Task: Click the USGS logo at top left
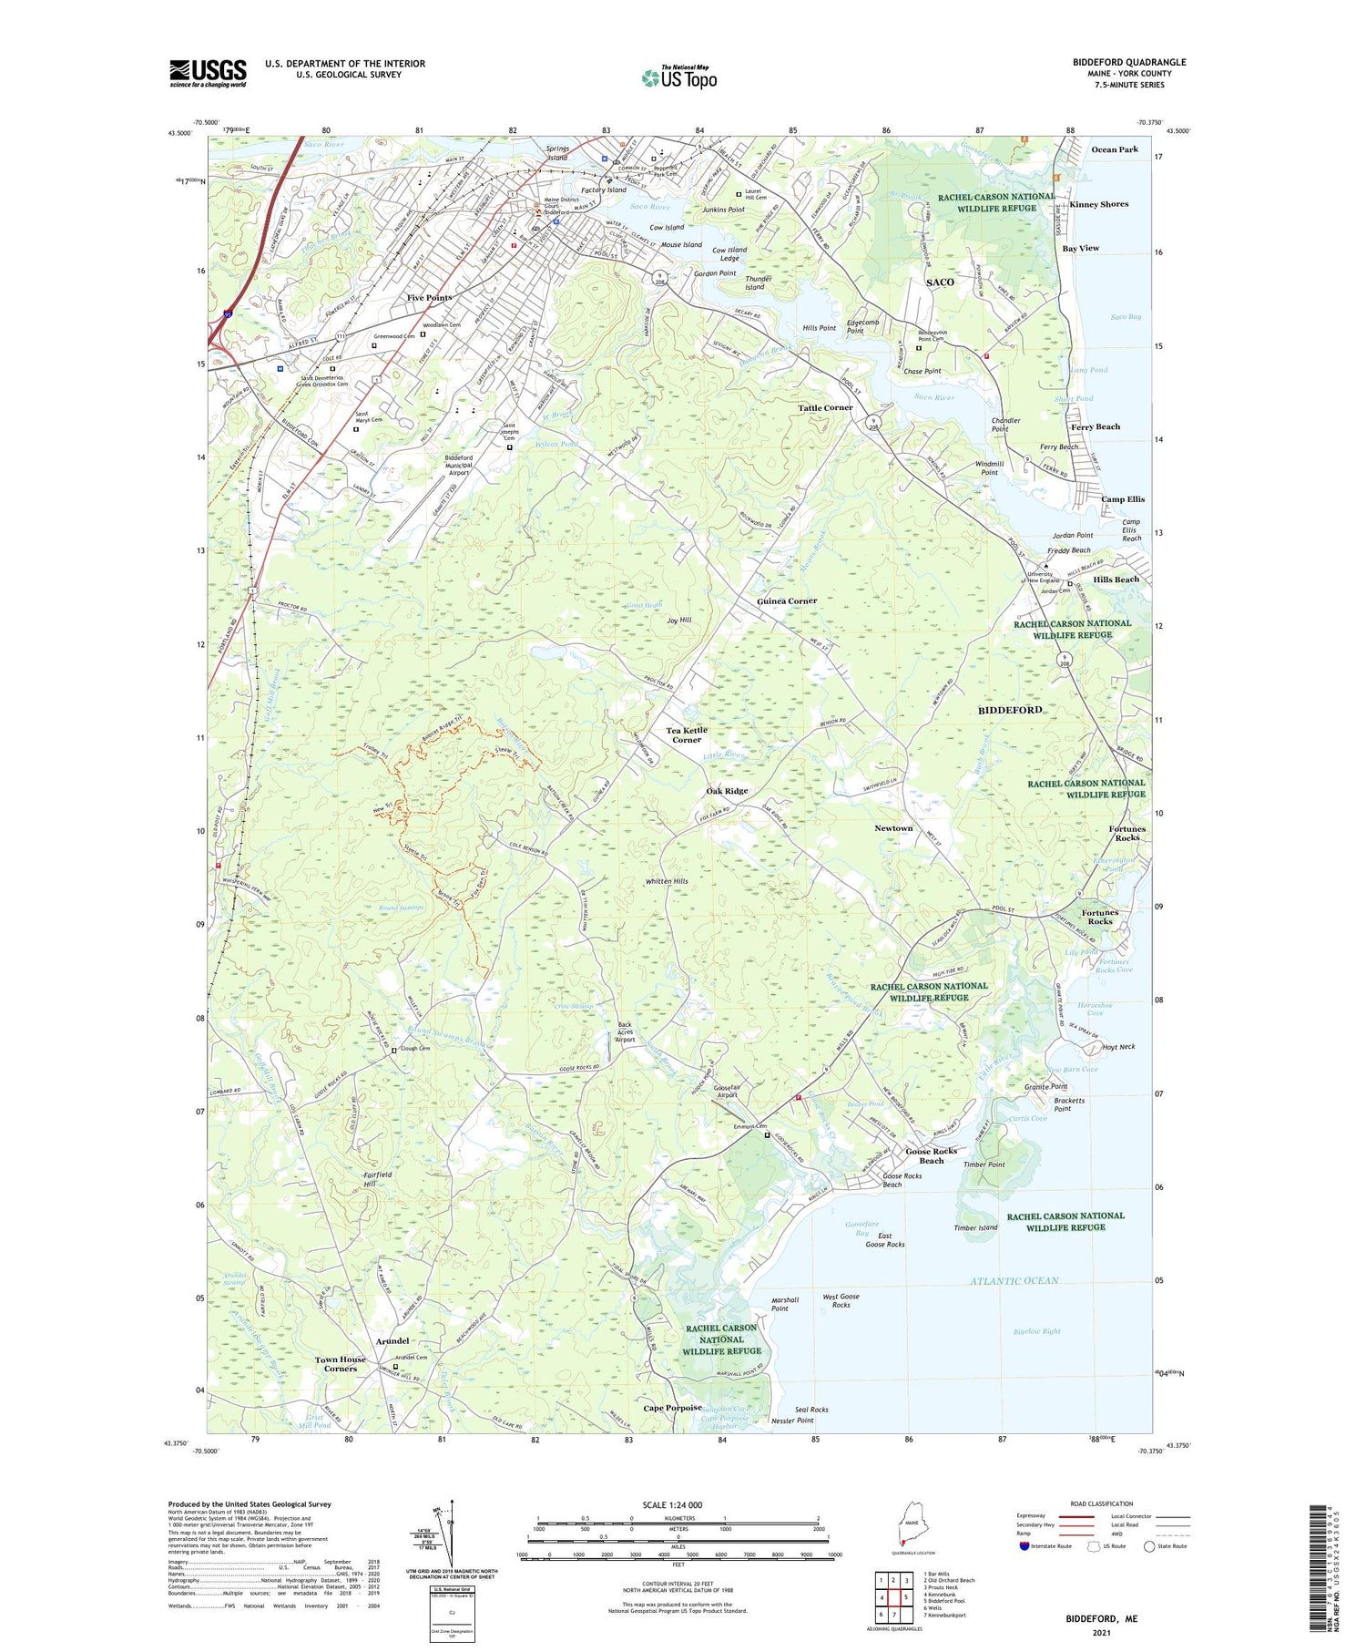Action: tap(208, 73)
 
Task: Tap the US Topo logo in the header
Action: tap(678, 78)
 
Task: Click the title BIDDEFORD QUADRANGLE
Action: tap(1128, 62)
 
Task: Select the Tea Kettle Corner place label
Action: tap(686, 734)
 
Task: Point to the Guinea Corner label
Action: tap(787, 600)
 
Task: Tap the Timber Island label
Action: tap(975, 1227)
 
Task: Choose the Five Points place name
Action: tap(429, 298)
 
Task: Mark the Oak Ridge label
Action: tap(727, 791)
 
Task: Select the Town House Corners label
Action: tap(340, 1363)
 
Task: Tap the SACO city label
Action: tap(940, 282)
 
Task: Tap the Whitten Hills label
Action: tap(667, 881)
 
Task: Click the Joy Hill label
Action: tap(678, 620)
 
